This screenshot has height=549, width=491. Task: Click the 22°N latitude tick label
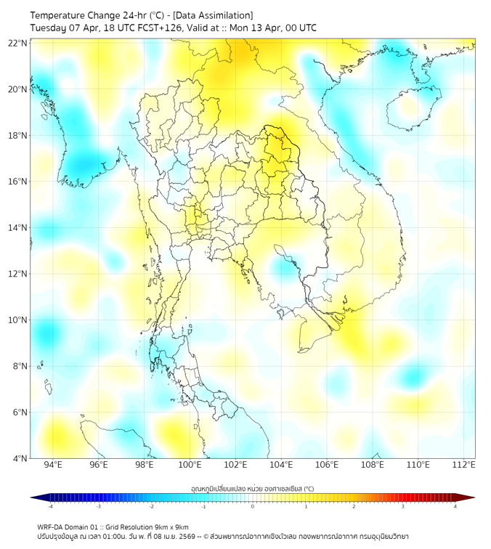pyautogui.click(x=18, y=43)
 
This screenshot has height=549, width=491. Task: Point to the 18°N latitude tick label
pyautogui.click(x=18, y=136)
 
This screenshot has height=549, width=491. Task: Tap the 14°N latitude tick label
pyautogui.click(x=18, y=228)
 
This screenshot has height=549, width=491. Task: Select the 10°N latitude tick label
pyautogui.click(x=18, y=320)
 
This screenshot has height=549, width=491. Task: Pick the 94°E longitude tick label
pyautogui.click(x=53, y=465)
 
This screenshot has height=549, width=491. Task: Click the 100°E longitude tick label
pyautogui.click(x=190, y=465)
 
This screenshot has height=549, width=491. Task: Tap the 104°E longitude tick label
pyautogui.click(x=281, y=465)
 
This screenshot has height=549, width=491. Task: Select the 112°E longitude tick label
pyautogui.click(x=463, y=465)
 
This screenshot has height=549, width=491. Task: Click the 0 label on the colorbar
pyautogui.click(x=253, y=506)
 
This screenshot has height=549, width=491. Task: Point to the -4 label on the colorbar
pyautogui.click(x=50, y=506)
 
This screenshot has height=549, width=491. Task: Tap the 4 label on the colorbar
pyautogui.click(x=455, y=506)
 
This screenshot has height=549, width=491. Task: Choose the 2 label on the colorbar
pyautogui.click(x=354, y=506)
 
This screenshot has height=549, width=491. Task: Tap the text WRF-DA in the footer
pyautogui.click(x=52, y=526)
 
